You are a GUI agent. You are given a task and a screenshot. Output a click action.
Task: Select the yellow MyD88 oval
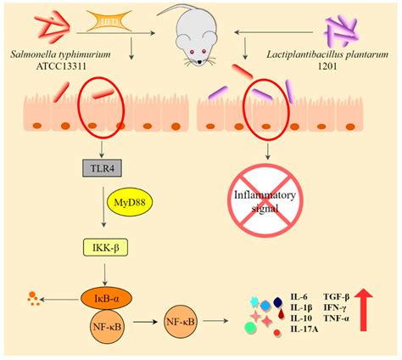click(x=130, y=208)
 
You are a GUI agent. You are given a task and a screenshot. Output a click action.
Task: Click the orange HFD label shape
click(x=109, y=19)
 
